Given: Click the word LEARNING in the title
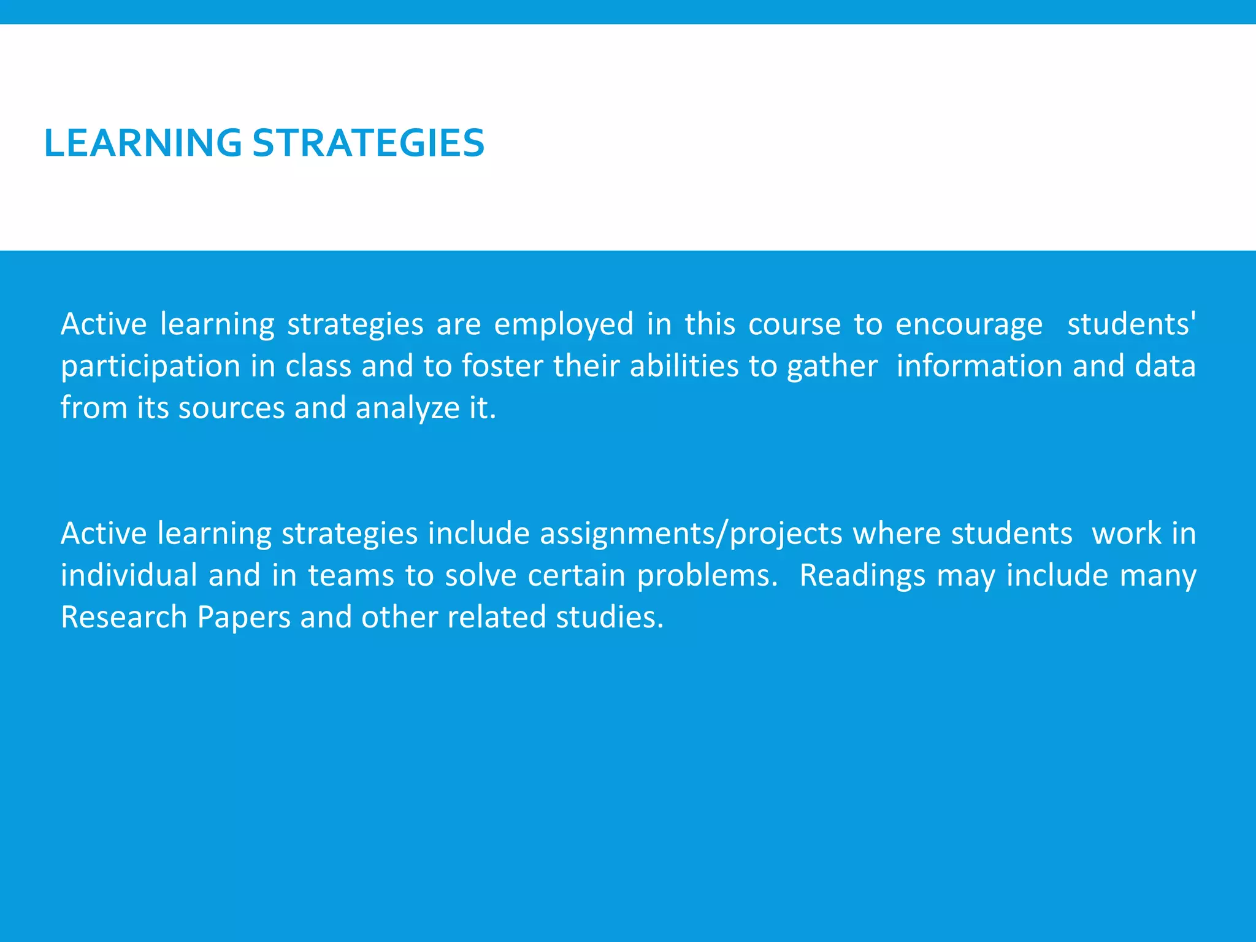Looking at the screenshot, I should point(143,143).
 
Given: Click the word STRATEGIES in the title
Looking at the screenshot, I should point(368,143).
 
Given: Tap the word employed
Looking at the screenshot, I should point(564,325).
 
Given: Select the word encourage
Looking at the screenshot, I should point(968,325).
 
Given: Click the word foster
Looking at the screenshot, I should point(502,366).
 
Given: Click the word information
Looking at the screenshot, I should point(979,366).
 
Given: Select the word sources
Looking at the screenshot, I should point(231,408).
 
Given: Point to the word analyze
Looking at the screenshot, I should point(407,408).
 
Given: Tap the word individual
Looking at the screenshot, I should point(129,575).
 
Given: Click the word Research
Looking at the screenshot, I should point(123,617).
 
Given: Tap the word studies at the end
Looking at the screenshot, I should point(609,617).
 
